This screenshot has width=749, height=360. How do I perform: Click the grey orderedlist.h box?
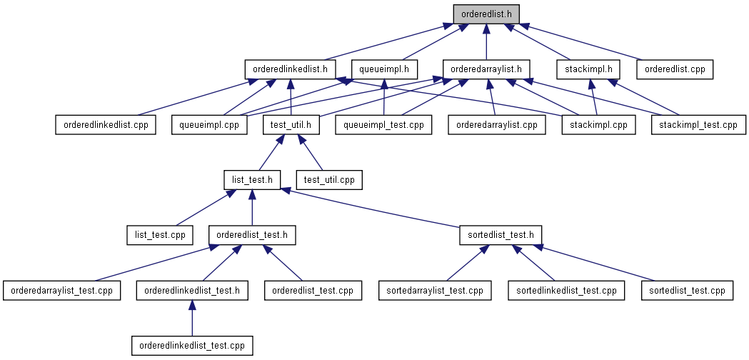coord(486,14)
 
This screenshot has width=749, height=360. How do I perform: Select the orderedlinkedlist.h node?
coord(291,69)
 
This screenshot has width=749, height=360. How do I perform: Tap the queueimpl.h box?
coord(384,69)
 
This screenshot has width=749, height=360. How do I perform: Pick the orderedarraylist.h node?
coord(486,69)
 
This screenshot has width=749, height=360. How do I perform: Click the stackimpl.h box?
coord(588,69)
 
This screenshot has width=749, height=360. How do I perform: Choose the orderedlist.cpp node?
coord(675,69)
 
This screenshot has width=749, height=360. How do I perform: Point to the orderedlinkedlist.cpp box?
coord(106,125)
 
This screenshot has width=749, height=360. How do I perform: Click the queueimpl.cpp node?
coord(210,125)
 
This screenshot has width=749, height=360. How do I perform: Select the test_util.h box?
coord(291,125)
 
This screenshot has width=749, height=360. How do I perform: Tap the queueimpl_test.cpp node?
coord(383,125)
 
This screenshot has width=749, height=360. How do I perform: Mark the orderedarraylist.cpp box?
coord(497,125)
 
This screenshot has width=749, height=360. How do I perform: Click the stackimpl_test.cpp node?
coord(698,125)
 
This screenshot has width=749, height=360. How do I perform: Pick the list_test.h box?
coord(252,180)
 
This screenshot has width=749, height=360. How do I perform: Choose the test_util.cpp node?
coord(329,180)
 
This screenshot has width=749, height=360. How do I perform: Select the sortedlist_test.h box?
coord(501,235)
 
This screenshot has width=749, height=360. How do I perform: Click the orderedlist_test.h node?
coord(252,235)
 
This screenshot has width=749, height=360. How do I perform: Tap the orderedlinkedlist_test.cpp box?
coord(192,346)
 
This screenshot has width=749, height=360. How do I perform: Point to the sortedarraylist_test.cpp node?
coord(435,291)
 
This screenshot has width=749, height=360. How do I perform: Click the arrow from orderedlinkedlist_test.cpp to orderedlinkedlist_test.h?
coord(192,318)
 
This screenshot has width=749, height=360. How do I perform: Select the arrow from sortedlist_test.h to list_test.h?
coord(370,207)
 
